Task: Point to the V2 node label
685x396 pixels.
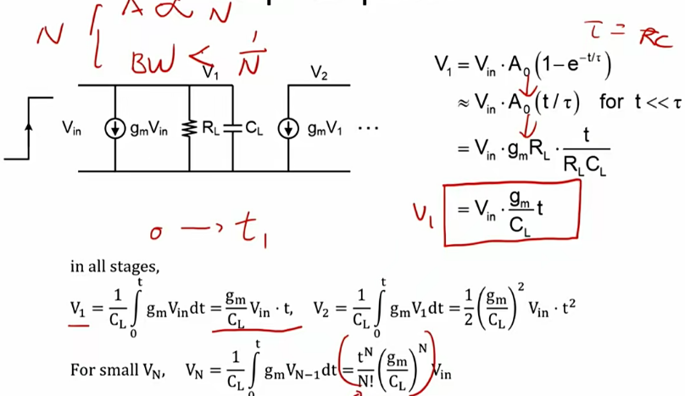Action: coord(319,74)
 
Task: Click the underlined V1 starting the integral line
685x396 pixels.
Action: coord(78,305)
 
